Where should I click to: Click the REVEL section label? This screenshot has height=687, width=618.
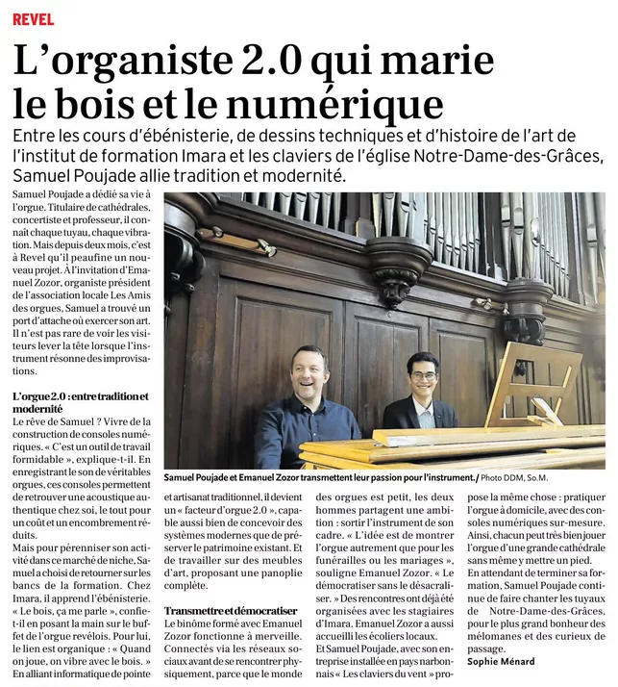tap(34, 19)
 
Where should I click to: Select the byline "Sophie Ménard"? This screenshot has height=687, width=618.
tap(500, 661)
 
